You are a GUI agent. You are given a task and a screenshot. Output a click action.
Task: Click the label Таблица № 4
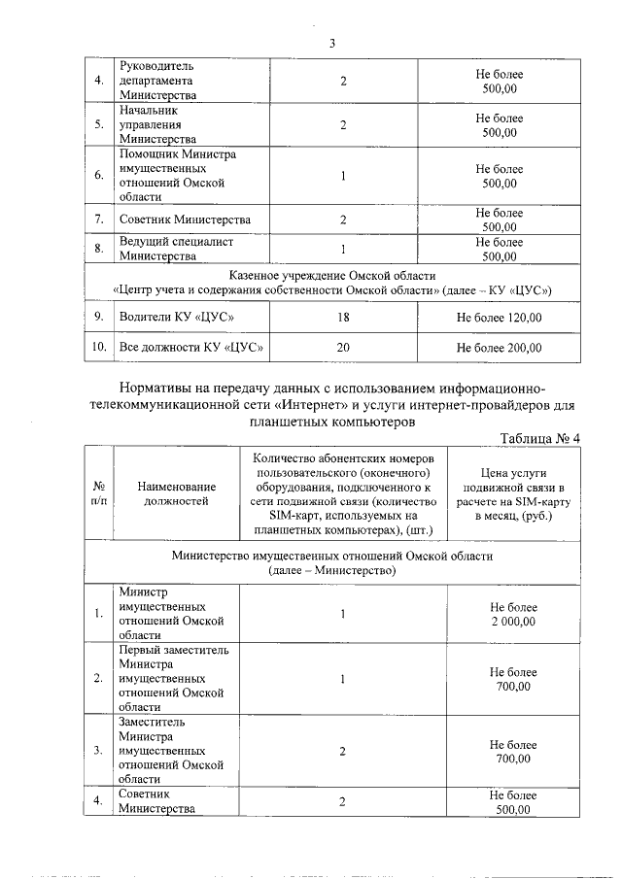pos(538,438)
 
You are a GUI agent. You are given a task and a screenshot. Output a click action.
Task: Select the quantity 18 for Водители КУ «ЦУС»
pos(343,318)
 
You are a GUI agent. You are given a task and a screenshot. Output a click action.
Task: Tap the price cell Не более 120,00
pos(499,318)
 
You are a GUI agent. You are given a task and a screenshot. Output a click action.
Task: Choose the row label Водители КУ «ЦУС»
pos(176,318)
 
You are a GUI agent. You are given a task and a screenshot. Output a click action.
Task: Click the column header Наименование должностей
pos(176,493)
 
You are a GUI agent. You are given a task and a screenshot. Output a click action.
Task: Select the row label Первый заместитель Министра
pos(174,678)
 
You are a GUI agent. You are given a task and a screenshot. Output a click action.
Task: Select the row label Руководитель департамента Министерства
pos(160,81)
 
